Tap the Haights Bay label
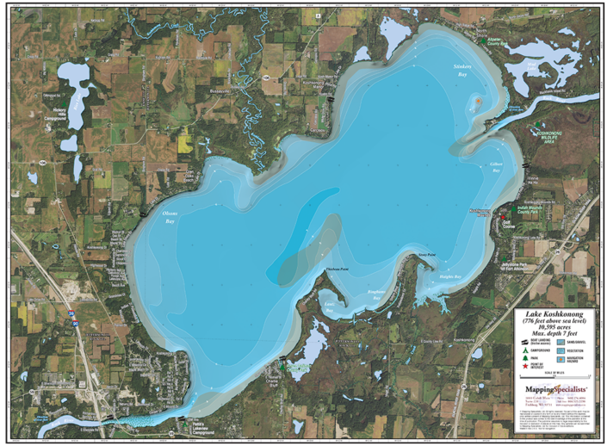pyautogui.click(x=450, y=277)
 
